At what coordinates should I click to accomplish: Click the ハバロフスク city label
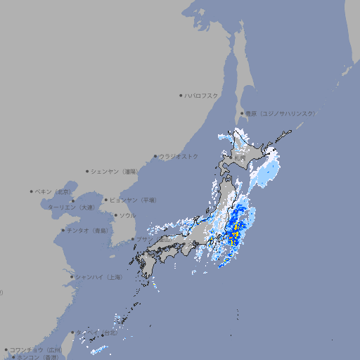(x=202, y=95)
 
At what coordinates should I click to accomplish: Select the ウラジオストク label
(x=179, y=156)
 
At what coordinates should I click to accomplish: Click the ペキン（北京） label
(x=55, y=191)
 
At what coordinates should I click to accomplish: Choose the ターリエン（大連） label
(x=71, y=207)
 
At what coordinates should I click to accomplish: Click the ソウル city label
(x=127, y=215)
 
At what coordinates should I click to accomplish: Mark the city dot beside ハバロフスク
(x=181, y=95)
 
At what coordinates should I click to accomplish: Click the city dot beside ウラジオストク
(x=155, y=156)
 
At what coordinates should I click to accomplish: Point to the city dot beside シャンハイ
(x=72, y=277)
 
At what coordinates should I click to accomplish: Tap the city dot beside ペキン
(x=32, y=191)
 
